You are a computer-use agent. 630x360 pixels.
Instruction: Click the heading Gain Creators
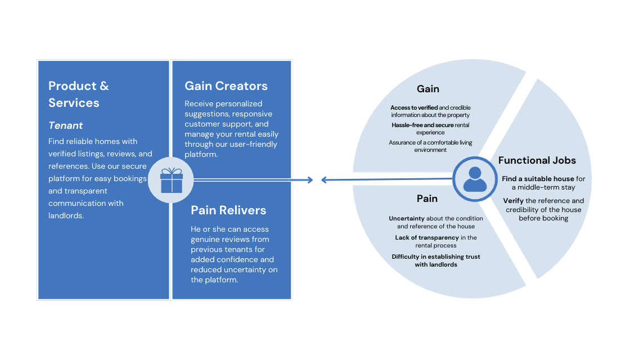226,86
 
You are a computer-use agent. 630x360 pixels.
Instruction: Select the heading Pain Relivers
228,210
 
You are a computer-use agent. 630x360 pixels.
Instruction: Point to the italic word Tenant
66,125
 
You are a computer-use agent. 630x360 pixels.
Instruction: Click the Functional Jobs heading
537,160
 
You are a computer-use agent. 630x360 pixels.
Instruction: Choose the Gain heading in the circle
427,89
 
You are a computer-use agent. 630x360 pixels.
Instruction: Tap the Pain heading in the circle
427,199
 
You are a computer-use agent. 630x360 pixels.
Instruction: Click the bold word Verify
513,201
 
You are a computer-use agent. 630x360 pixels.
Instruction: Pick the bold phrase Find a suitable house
538,179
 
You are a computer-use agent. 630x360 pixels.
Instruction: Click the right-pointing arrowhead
309,180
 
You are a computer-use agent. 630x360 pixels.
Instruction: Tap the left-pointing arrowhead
325,180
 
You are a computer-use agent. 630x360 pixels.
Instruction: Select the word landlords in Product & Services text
66,216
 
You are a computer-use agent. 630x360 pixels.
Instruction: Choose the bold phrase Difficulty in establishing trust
435,257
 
